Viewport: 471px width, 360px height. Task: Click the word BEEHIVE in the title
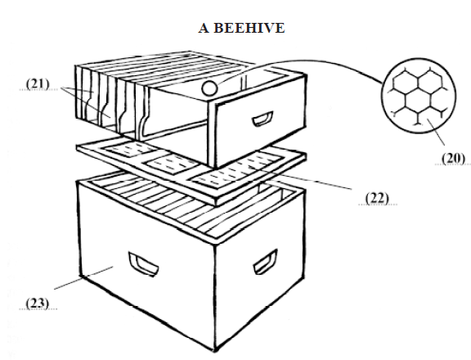coord(249,28)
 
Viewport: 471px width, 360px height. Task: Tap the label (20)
coord(453,158)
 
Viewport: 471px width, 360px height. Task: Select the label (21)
coord(38,83)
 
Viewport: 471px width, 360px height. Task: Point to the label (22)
coord(377,198)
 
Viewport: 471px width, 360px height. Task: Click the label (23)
coord(38,303)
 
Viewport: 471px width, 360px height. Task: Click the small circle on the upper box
coord(209,88)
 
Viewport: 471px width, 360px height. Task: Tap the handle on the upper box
coord(262,119)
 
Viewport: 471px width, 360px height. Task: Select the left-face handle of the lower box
coord(143,264)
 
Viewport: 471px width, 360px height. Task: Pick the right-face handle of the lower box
coord(265,262)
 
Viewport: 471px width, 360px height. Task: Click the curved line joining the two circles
coord(300,62)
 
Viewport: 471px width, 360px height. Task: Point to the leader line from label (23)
coord(83,277)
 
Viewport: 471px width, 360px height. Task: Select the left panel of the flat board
coord(130,148)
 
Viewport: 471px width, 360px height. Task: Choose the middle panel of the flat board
coord(170,164)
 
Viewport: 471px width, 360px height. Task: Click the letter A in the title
coord(204,28)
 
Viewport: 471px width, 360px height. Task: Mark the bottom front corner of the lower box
coord(215,350)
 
